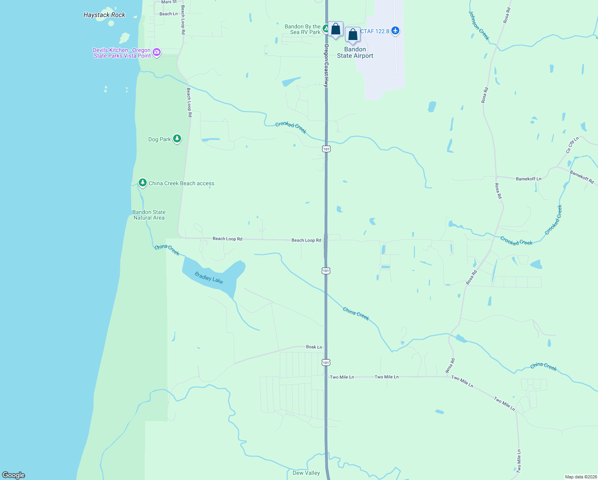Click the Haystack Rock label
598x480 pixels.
tap(104, 15)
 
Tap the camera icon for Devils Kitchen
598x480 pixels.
tap(157, 52)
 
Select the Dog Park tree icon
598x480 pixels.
tap(177, 139)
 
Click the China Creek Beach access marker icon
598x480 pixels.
tap(142, 183)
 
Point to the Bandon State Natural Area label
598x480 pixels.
tap(149, 215)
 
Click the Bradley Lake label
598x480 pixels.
tap(209, 277)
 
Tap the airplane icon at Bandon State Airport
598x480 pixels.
tap(395, 30)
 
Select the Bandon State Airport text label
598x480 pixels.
tap(355, 52)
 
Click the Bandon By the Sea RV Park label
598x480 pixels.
tap(303, 29)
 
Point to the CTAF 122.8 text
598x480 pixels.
tap(375, 31)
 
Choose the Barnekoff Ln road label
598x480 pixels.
tap(528, 179)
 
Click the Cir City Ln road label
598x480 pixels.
tap(572, 146)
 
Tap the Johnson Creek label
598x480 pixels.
tap(479, 25)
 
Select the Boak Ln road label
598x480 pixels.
tap(314, 347)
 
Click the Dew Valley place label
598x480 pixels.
tap(306, 473)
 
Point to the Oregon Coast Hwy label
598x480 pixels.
tap(326, 66)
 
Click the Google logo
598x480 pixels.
tap(14, 475)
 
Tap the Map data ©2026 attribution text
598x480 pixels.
tap(580, 477)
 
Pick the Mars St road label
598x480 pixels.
tap(169, 2)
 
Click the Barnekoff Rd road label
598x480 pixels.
tap(582, 176)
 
